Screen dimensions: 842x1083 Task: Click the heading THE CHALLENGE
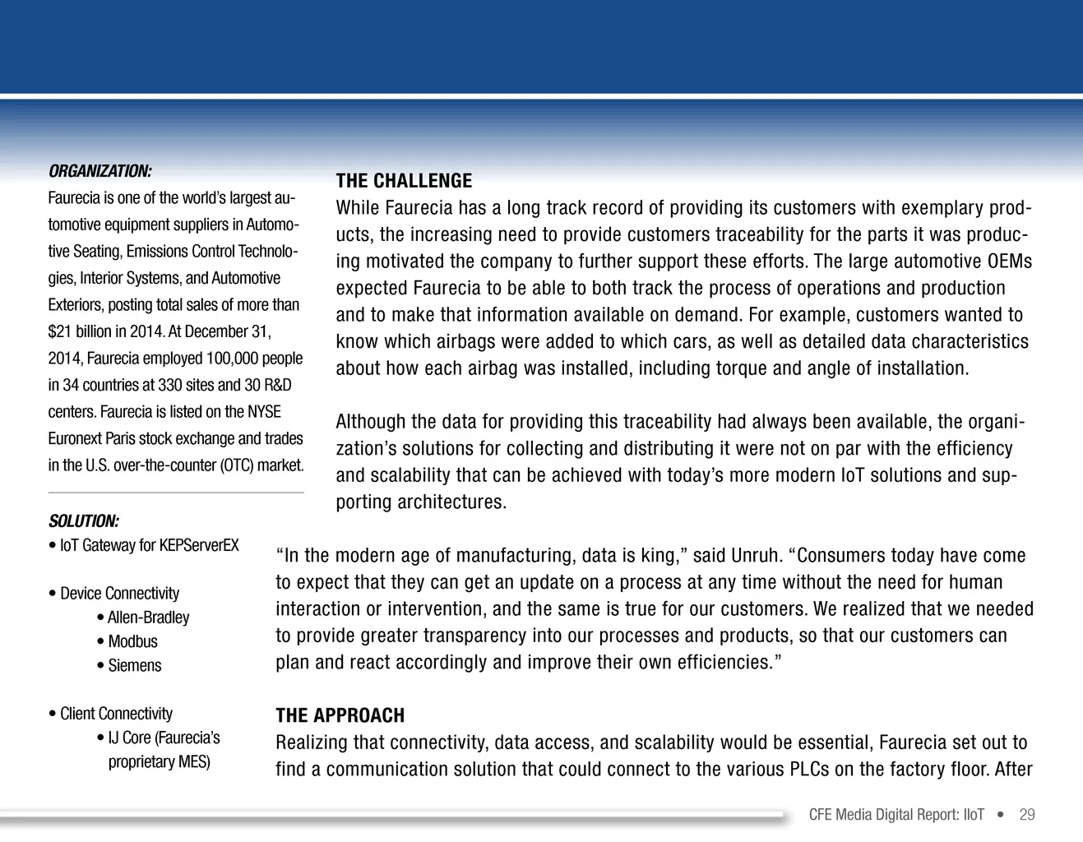pyautogui.click(x=404, y=181)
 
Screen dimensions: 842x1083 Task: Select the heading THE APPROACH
pyautogui.click(x=340, y=715)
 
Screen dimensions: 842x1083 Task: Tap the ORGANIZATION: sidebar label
pyautogui.click(x=100, y=171)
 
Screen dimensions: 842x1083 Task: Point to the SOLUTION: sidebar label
pyautogui.click(x=84, y=521)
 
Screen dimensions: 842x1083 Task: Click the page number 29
pyautogui.click(x=1027, y=815)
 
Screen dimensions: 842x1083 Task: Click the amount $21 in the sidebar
pyautogui.click(x=60, y=331)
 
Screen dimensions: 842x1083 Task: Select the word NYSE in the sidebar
pyautogui.click(x=264, y=412)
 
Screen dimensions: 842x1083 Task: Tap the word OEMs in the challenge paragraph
pyautogui.click(x=1009, y=261)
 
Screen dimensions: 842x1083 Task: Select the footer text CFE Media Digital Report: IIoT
pyautogui.click(x=896, y=815)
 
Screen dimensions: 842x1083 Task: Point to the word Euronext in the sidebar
pyautogui.click(x=75, y=438)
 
